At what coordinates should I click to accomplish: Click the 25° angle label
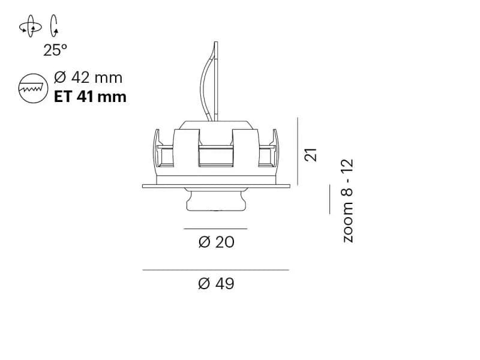point(55,50)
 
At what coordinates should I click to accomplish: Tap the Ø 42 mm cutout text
point(88,77)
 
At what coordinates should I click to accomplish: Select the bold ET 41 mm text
point(90,97)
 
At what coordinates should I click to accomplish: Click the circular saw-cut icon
point(33,88)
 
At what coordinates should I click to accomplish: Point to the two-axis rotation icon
point(31,26)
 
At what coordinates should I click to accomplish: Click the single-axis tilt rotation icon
point(54,26)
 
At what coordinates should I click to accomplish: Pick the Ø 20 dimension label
point(216,242)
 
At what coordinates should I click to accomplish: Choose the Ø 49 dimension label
point(216,283)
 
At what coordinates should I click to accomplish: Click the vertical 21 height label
point(310,155)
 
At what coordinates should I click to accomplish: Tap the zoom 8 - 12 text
point(348,201)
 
